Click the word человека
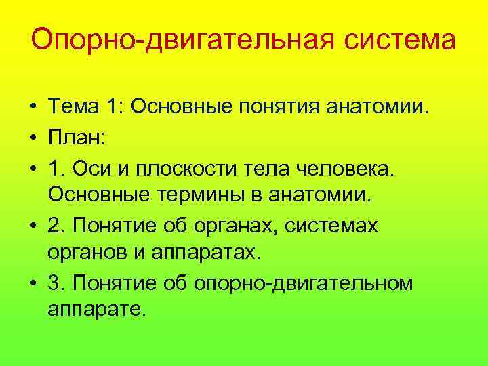346,166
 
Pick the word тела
271,166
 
